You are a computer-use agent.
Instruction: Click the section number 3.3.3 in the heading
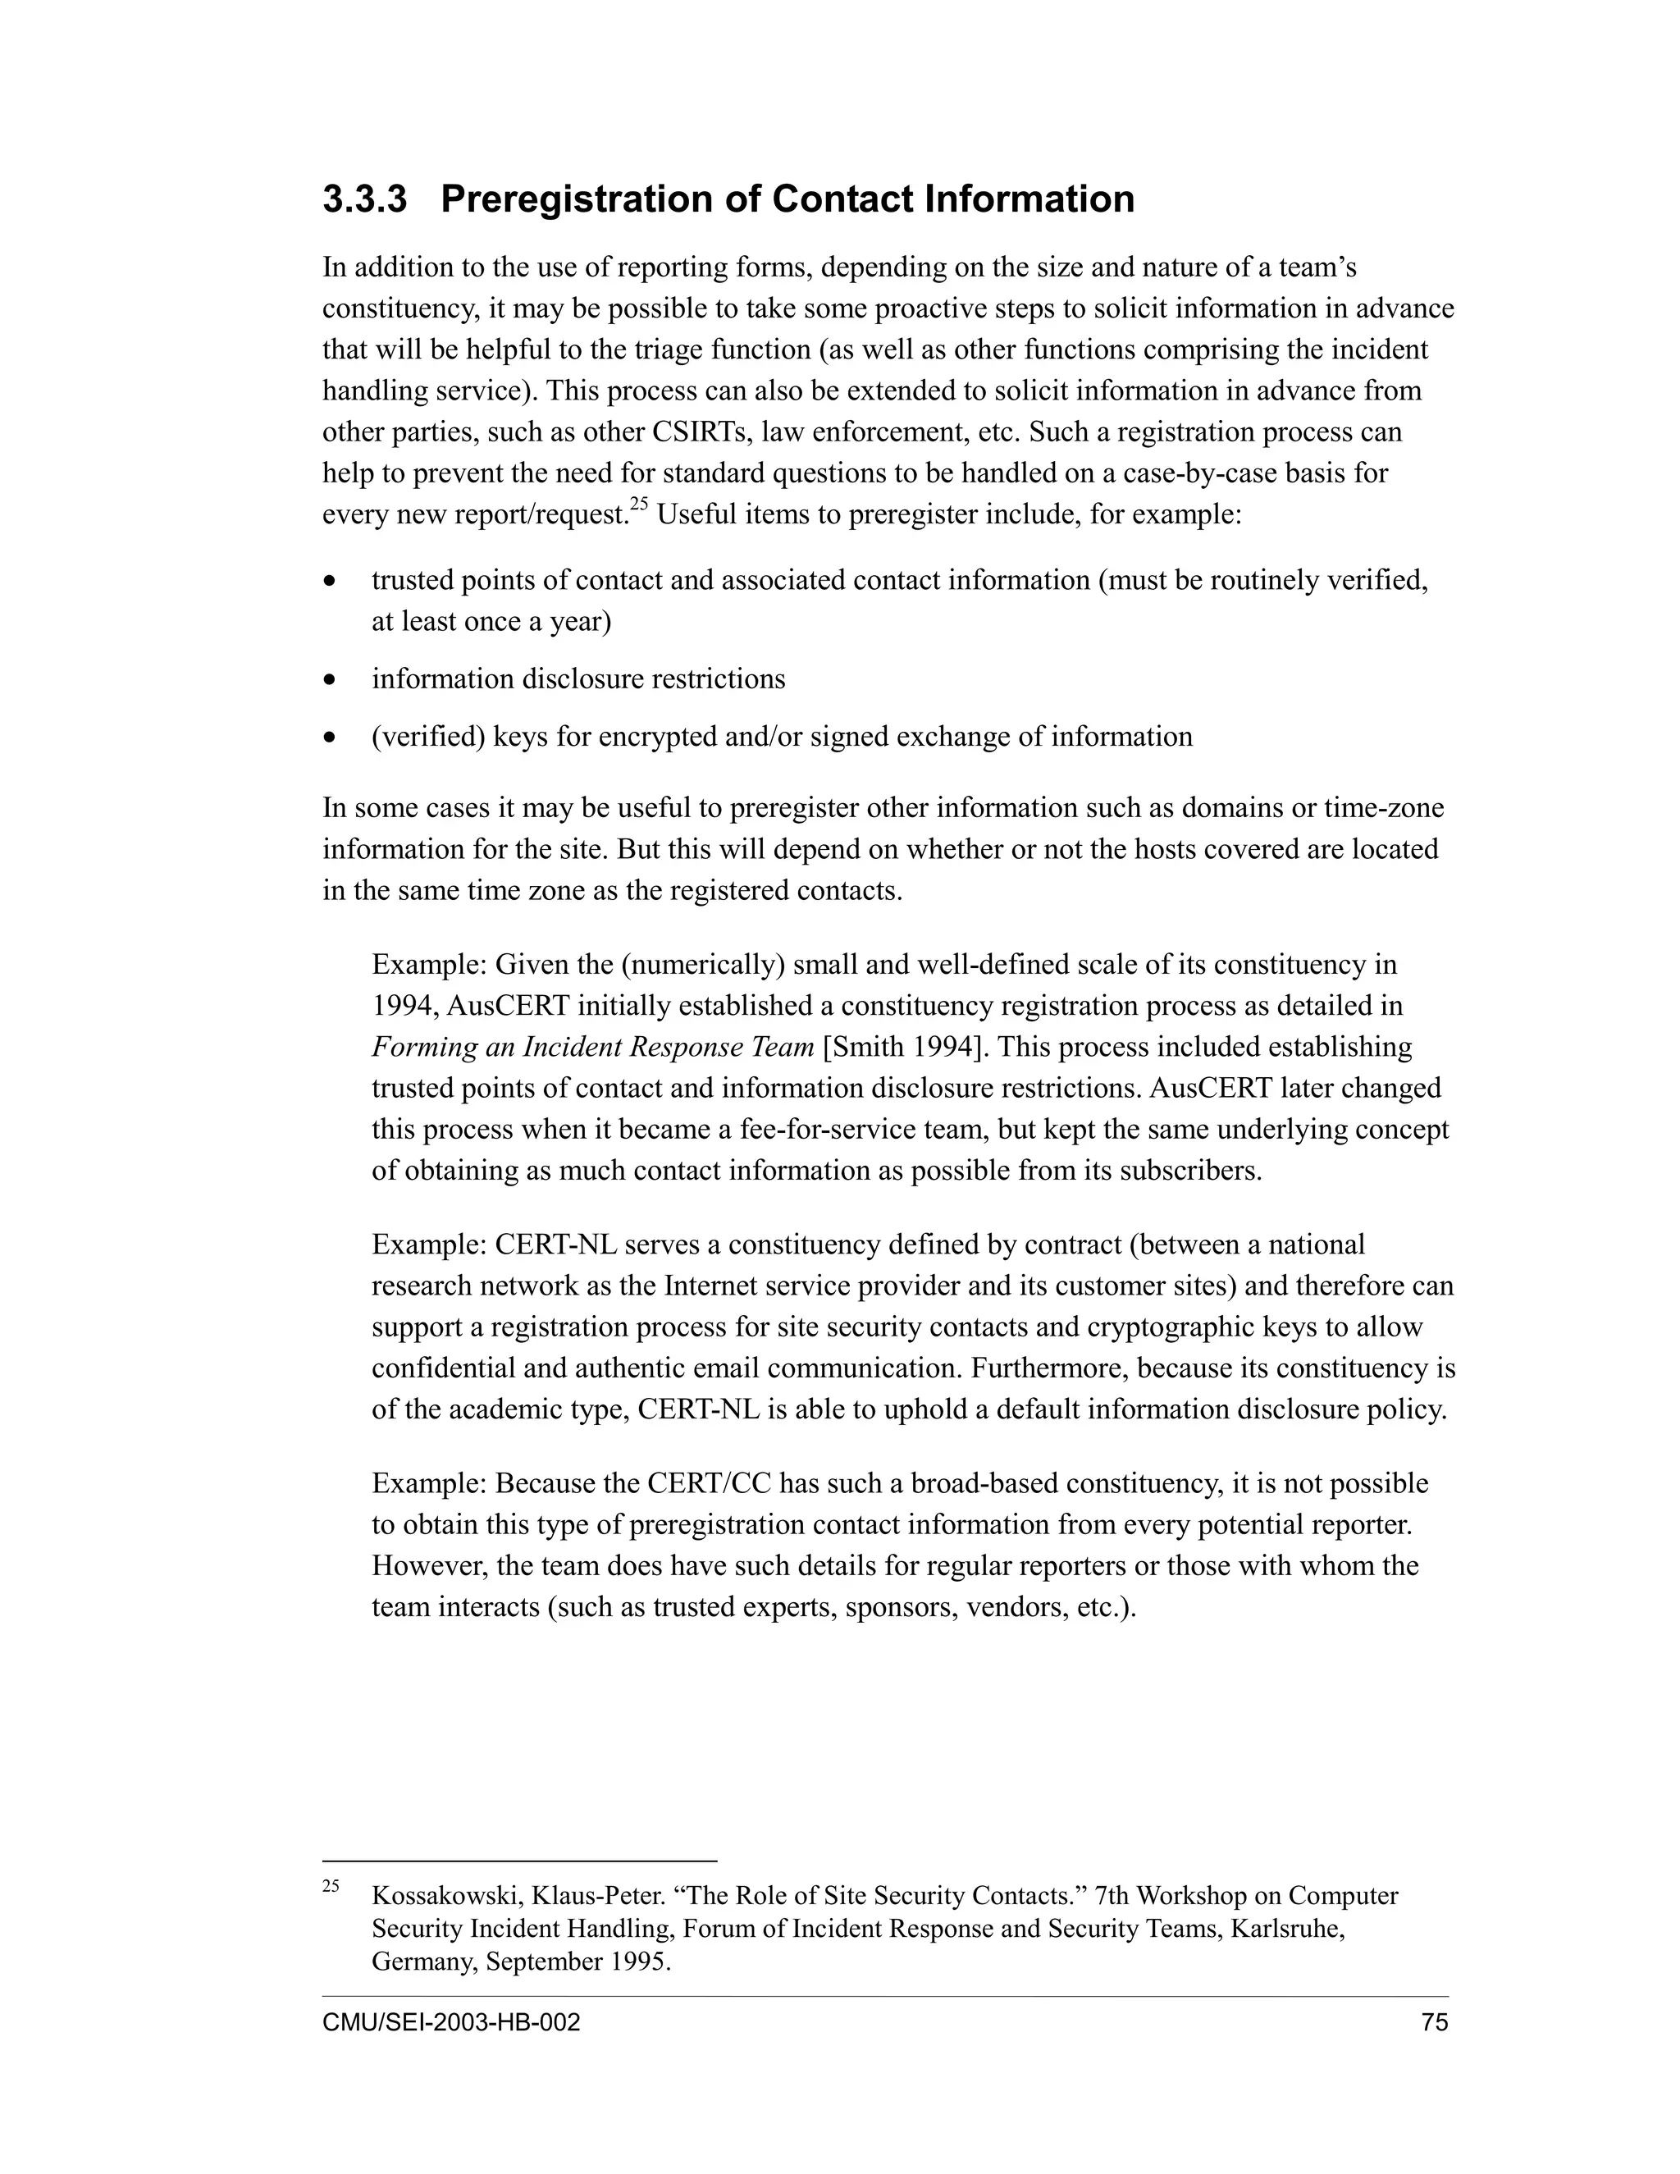click(x=364, y=199)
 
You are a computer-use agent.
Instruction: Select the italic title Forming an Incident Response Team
click(x=592, y=1047)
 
